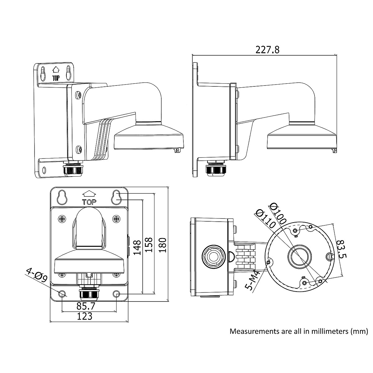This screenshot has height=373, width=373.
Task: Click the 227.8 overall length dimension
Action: [x=267, y=50]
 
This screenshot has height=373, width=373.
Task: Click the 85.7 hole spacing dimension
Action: [x=86, y=306]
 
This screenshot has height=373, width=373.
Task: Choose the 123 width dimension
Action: [x=85, y=316]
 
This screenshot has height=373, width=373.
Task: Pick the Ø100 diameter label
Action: [x=278, y=214]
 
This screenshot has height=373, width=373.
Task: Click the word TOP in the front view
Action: [x=89, y=202]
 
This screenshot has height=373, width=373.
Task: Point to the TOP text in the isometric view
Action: [x=56, y=78]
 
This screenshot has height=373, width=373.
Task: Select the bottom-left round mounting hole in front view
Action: [x=62, y=293]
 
